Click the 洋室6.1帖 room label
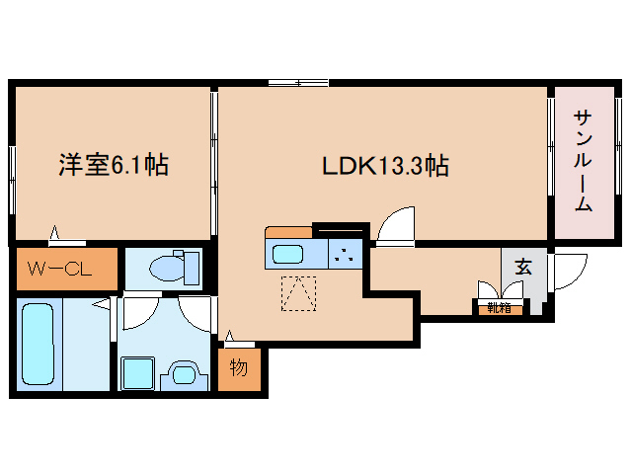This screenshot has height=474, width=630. point(114,164)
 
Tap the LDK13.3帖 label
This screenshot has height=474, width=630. point(385,166)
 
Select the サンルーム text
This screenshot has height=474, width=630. point(584,161)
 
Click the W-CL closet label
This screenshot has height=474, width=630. point(59,269)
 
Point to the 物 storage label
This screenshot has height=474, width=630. point(239,367)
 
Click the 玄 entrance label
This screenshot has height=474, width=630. point(523,267)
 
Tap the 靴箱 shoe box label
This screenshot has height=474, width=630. point(500,308)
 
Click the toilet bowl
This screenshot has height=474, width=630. point(168,268)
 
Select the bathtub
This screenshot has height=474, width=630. point(39,344)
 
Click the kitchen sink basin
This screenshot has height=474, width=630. point(287,254)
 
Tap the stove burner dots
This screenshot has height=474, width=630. point(345,255)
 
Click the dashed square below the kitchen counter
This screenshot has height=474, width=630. point(298,293)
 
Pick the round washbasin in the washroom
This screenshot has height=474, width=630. point(185,375)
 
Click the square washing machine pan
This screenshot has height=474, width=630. point(138,372)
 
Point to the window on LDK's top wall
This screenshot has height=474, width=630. point(298,83)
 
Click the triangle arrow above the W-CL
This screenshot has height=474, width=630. point(54,233)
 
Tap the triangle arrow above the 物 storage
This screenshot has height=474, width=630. point(229,336)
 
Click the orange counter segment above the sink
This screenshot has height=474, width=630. point(289,233)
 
